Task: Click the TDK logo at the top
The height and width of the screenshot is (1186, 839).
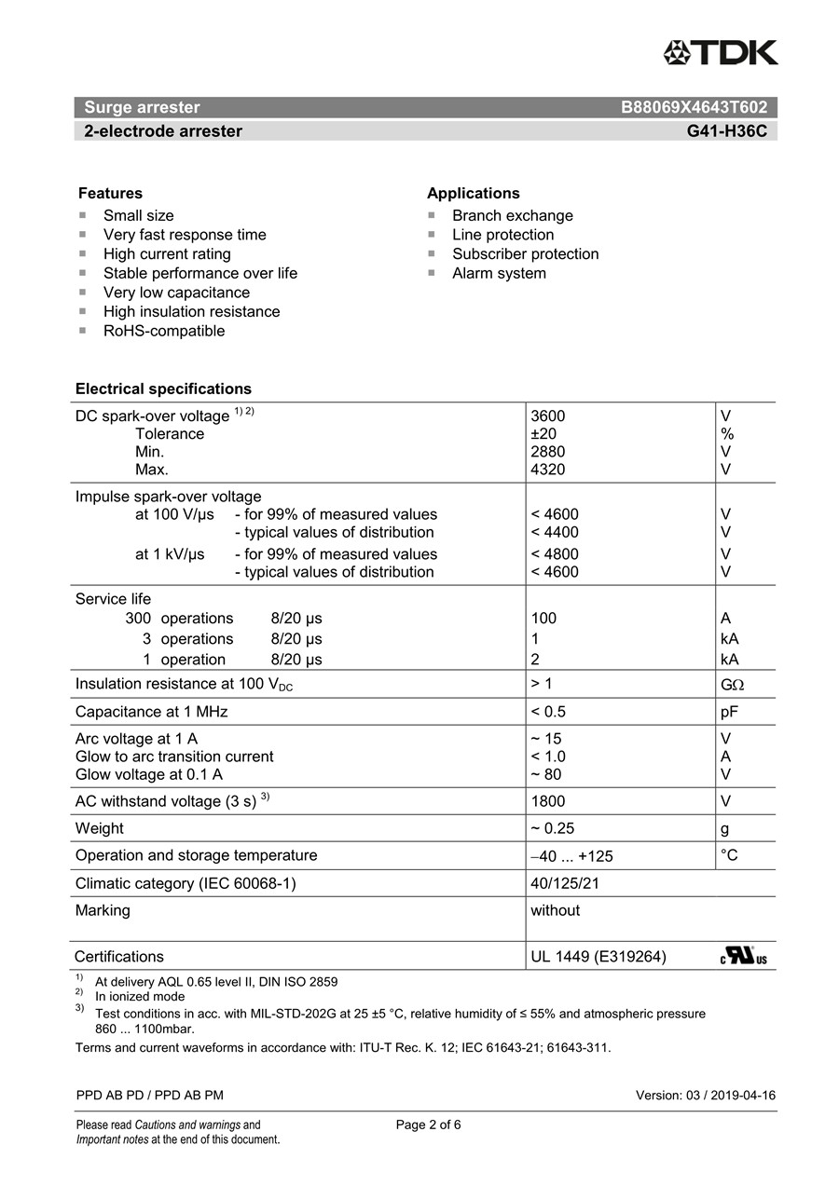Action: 721,53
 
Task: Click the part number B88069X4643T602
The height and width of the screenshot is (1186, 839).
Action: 694,107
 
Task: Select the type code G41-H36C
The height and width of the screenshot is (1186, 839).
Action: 726,131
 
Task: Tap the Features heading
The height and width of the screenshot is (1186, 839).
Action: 110,193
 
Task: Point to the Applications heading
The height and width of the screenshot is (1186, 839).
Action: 473,193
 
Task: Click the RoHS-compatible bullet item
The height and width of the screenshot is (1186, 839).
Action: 163,331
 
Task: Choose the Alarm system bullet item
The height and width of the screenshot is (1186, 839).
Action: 499,273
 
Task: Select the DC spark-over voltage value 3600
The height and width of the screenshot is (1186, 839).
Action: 547,416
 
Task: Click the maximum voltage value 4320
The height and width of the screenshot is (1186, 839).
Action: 547,470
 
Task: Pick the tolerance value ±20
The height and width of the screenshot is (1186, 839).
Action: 544,434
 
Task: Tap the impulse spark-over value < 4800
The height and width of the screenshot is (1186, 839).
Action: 554,554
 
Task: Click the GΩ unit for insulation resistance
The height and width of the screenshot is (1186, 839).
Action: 732,685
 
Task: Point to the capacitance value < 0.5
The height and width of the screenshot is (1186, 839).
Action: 548,712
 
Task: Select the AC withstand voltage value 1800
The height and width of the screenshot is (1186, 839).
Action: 547,801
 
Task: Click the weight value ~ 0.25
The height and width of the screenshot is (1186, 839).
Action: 552,828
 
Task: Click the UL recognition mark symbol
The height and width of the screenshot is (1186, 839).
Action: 743,956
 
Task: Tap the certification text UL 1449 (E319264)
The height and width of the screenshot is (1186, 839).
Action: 598,956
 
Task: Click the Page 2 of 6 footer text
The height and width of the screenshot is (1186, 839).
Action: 428,1125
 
